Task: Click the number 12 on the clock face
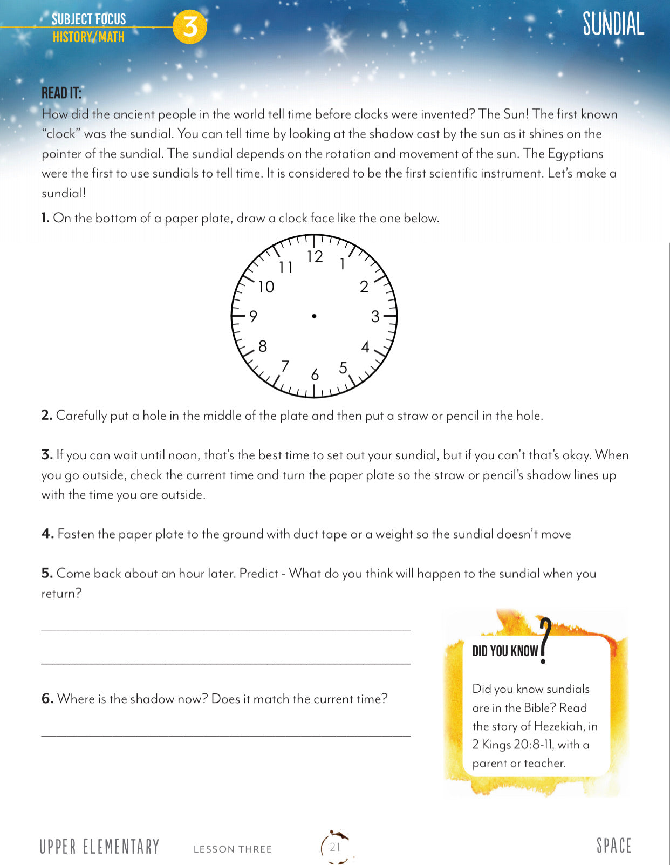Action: [315, 257]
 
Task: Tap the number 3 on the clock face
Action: [375, 317]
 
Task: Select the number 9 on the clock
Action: [253, 316]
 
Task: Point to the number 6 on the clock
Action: [315, 374]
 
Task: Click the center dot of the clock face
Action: [314, 316]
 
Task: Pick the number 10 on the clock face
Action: [266, 287]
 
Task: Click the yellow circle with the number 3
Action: [190, 26]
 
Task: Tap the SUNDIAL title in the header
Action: [613, 24]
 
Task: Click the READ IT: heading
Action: [61, 93]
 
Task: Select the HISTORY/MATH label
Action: [88, 37]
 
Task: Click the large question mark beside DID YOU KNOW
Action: [545, 641]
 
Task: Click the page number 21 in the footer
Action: [335, 847]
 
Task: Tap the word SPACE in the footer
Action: [614, 846]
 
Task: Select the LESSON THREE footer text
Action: [233, 849]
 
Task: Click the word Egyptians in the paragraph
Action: [576, 154]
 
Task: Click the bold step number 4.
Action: [47, 534]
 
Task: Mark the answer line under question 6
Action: [225, 734]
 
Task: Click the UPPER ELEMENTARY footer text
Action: [99, 847]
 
